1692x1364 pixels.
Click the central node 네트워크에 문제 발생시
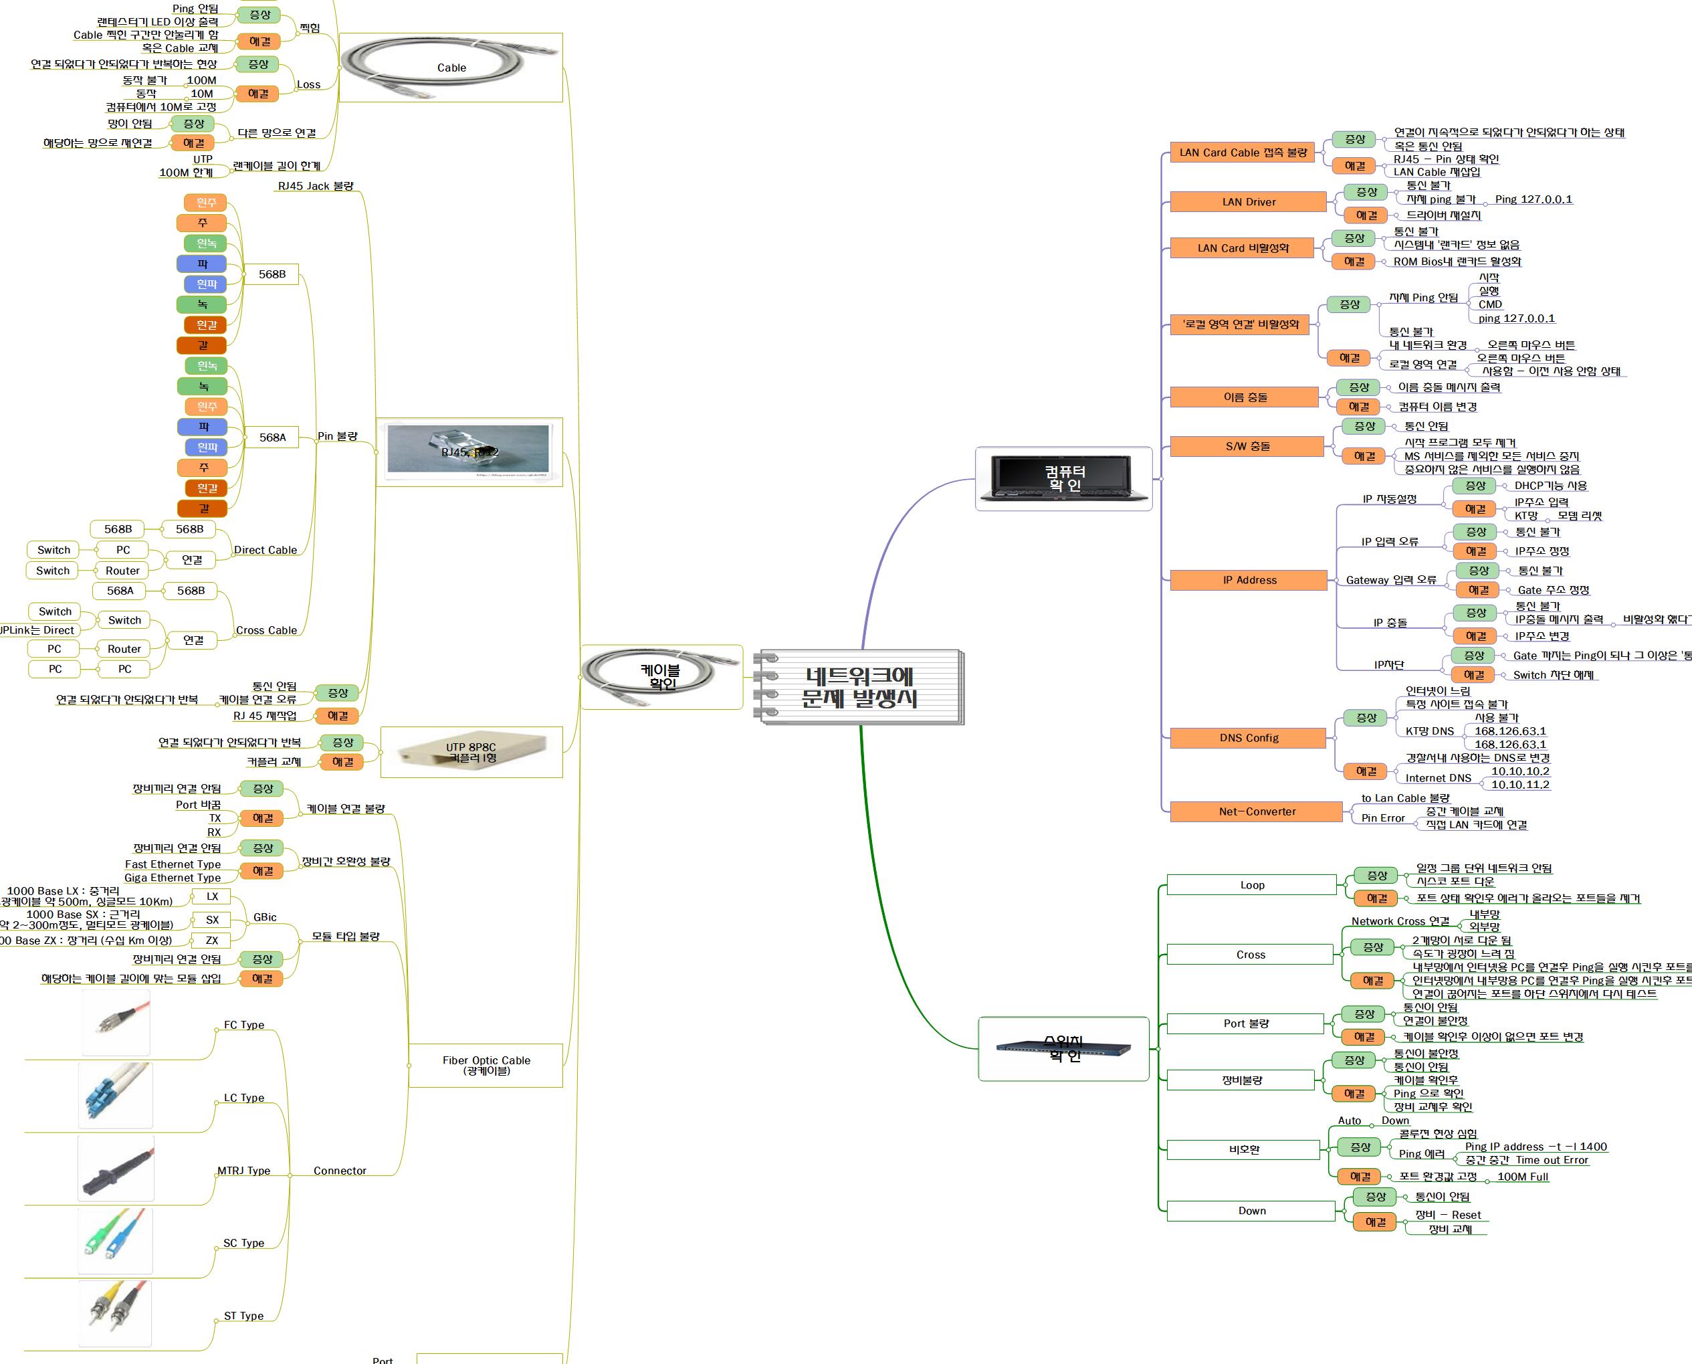pyautogui.click(x=859, y=687)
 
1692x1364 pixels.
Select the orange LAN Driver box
pyautogui.click(x=1247, y=202)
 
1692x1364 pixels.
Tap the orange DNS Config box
pyautogui.click(x=1248, y=738)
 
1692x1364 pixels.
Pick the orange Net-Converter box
pyautogui.click(x=1256, y=811)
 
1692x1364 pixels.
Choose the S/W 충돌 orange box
pyautogui.click(x=1247, y=446)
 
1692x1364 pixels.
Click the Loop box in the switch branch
pyautogui.click(x=1251, y=885)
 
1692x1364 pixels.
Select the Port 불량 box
pyautogui.click(x=1245, y=1023)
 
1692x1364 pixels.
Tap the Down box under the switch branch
pyautogui.click(x=1251, y=1211)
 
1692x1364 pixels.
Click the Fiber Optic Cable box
pyautogui.click(x=486, y=1065)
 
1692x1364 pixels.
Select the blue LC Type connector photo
pyautogui.click(x=116, y=1094)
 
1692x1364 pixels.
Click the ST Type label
pyautogui.click(x=243, y=1315)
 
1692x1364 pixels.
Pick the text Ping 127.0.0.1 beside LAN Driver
pyautogui.click(x=1534, y=199)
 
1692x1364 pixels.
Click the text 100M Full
pyautogui.click(x=1522, y=1176)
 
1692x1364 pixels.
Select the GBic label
pyautogui.click(x=265, y=917)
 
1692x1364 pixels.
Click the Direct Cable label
pyautogui.click(x=266, y=550)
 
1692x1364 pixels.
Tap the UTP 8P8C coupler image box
pyautogui.click(x=471, y=752)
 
